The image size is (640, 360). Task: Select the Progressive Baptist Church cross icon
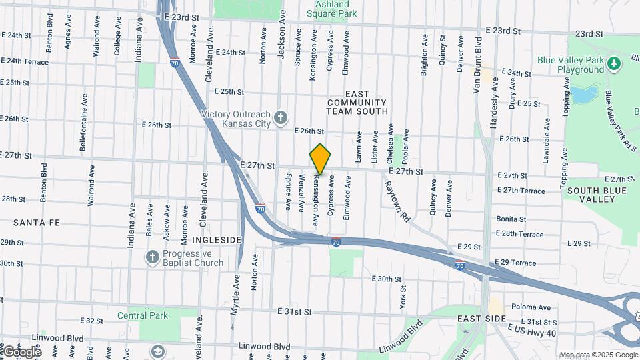pos(153,257)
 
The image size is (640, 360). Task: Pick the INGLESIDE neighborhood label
pos(216,239)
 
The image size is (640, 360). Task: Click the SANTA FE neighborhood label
pos(33,222)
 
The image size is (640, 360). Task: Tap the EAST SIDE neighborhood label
pos(482,319)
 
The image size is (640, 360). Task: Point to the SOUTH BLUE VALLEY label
pos(591,195)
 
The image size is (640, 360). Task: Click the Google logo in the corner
pos(21,351)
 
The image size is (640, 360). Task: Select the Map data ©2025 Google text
pos(598,355)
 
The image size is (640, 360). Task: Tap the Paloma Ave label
pos(531,307)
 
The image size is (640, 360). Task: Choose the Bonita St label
pos(511,219)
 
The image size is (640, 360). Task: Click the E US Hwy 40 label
pos(531,331)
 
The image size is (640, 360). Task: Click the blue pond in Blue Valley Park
pos(582,95)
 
